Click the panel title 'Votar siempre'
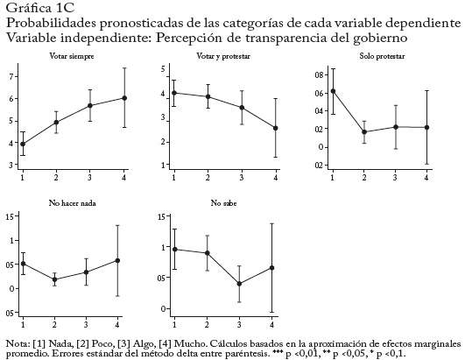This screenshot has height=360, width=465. tap(72, 56)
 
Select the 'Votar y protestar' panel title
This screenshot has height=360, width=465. tap(223, 56)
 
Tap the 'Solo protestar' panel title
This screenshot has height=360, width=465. tap(382, 56)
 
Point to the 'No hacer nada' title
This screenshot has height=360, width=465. tap(73, 203)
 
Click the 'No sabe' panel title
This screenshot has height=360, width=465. tap(223, 203)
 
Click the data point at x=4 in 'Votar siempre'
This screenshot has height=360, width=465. tap(124, 98)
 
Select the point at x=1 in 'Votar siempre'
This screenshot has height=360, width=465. tap(23, 145)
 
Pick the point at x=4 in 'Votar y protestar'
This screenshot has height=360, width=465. tap(276, 128)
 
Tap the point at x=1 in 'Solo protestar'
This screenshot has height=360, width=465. tap(333, 91)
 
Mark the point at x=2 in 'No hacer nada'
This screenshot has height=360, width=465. tap(54, 279)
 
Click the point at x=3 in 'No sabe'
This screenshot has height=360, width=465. tap(239, 284)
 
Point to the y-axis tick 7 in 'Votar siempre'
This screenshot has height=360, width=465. tap(12, 77)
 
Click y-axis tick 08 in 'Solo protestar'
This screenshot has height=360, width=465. tap(319, 74)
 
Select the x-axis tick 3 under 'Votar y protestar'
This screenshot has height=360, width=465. tap(242, 178)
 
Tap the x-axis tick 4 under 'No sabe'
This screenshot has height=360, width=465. tap(271, 324)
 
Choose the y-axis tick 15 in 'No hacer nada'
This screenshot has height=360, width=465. tap(10, 216)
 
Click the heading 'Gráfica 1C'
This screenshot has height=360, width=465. tap(39, 8)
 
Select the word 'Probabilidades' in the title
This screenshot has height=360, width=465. tap(51, 23)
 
